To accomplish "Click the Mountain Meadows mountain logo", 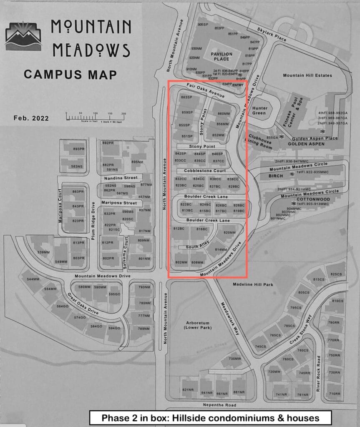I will click(x=24, y=35).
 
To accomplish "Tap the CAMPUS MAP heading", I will click(x=70, y=75).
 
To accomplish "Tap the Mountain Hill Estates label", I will click(x=307, y=75).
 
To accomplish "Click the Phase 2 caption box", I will click(x=210, y=418).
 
